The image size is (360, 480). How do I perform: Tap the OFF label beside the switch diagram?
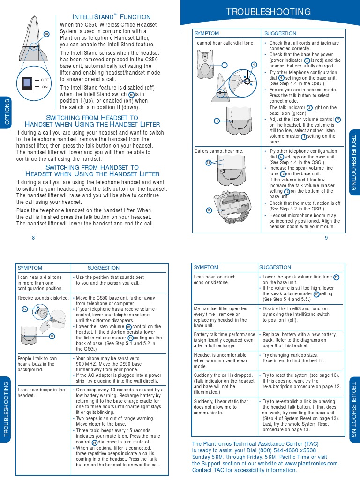tap(45, 80)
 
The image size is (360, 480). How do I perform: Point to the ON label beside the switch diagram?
tap(45, 87)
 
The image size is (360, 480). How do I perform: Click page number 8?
tap(33, 238)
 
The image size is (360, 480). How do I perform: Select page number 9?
tap(326, 238)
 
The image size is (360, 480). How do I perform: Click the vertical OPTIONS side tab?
tap(7, 112)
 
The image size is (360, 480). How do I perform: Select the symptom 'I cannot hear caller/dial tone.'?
tap(225, 43)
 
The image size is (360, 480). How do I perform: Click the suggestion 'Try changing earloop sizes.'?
tap(290, 355)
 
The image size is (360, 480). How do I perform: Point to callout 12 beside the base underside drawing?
tap(209, 210)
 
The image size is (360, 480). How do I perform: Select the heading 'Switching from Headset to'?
tap(92, 118)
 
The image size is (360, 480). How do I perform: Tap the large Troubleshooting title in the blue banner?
tap(268, 12)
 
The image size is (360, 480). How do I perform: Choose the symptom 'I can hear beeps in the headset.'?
tap(41, 393)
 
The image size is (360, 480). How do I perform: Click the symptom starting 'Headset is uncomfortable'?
tap(220, 355)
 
